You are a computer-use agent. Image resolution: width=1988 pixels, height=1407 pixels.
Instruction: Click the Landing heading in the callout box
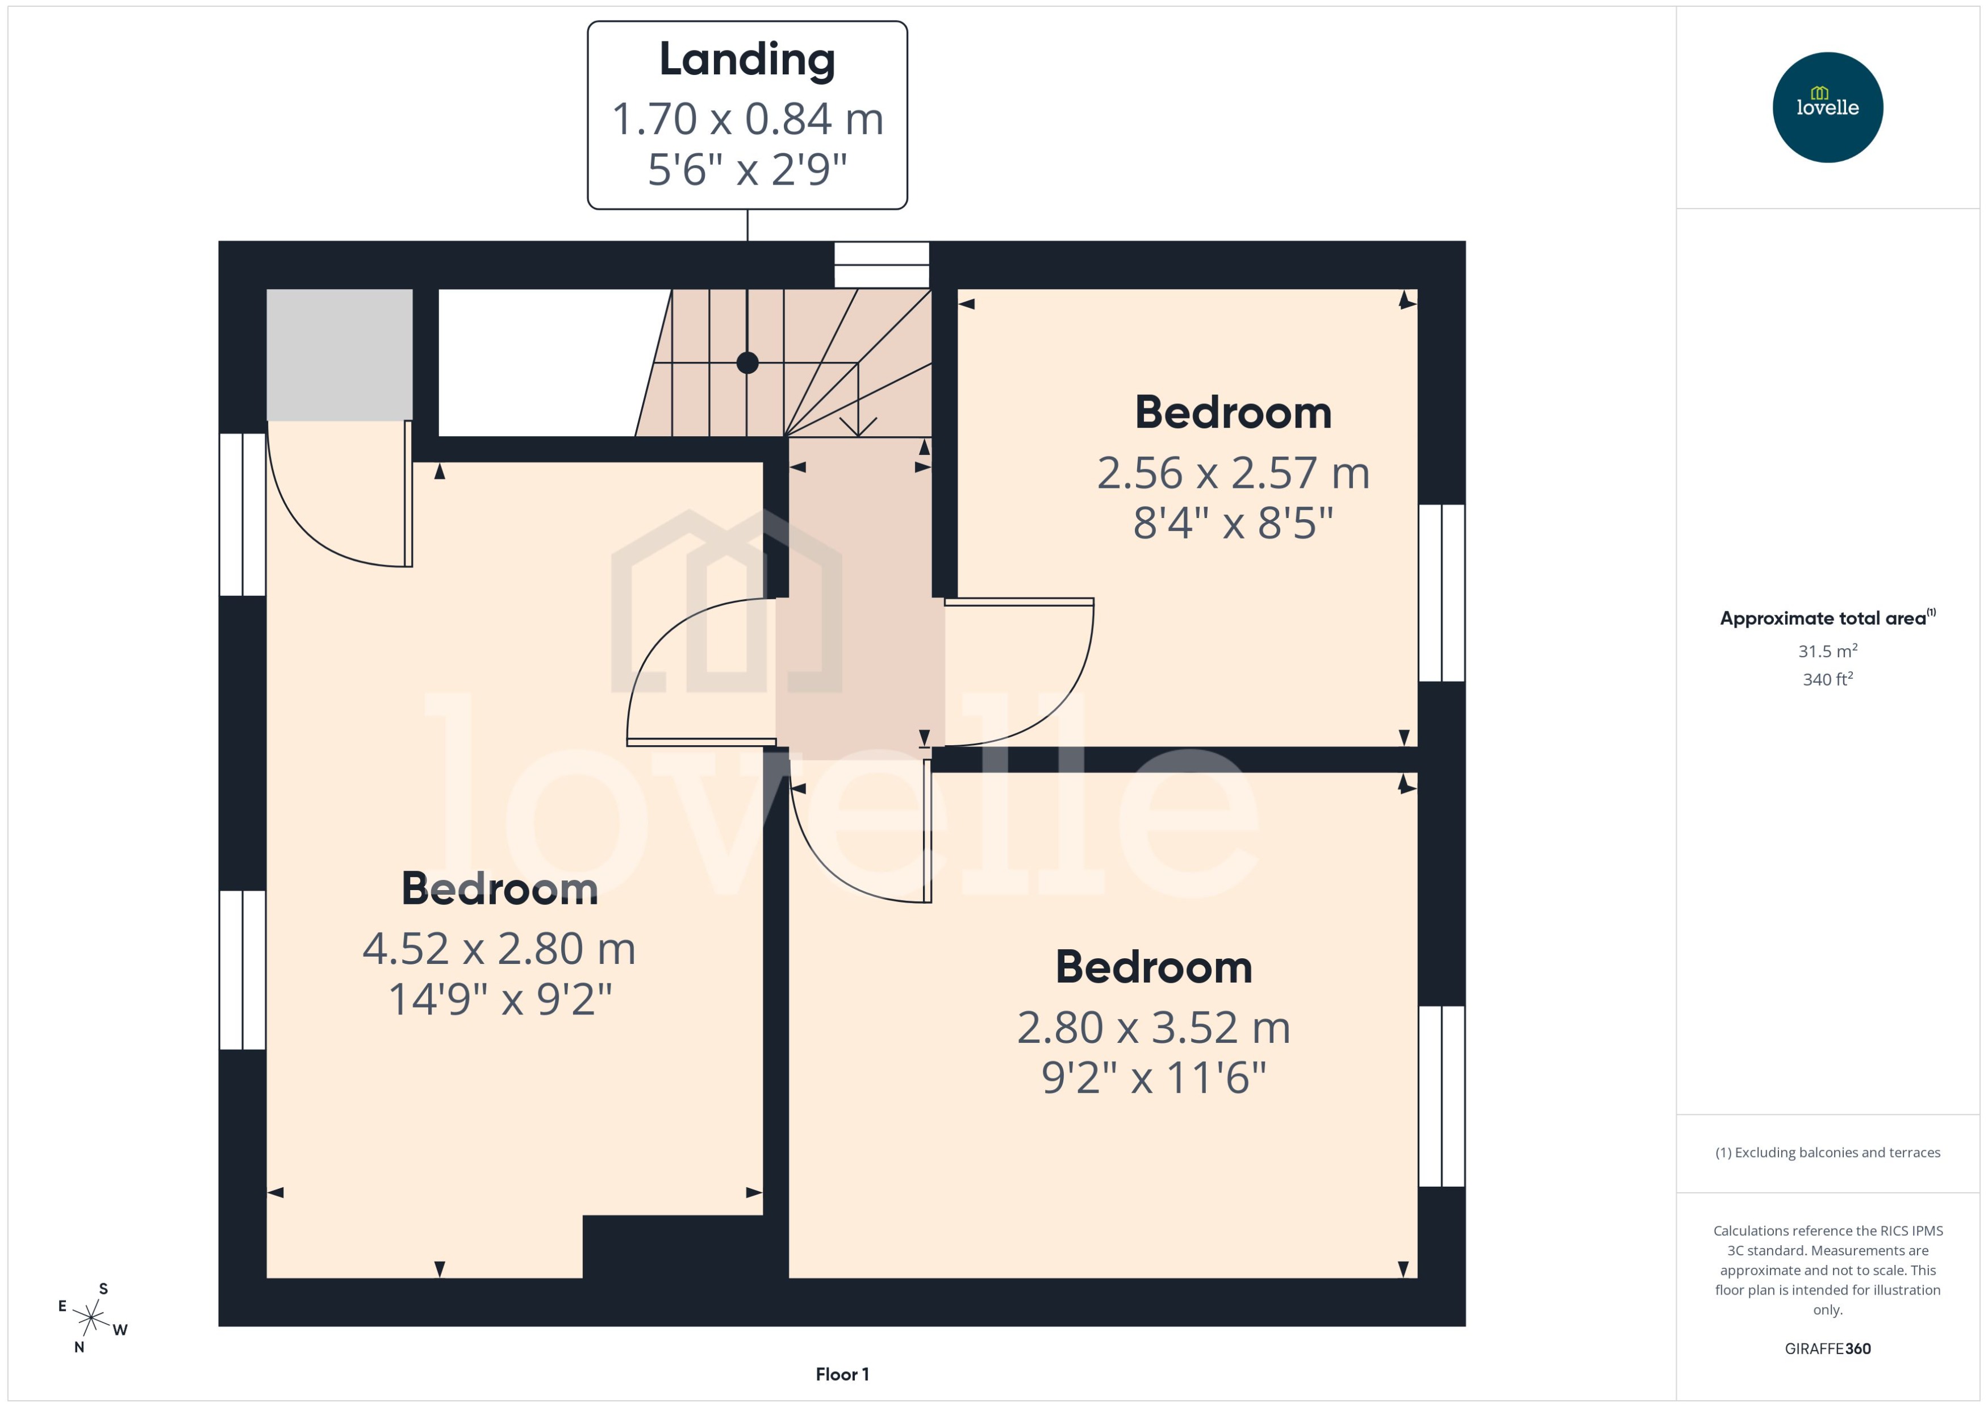pyautogui.click(x=747, y=60)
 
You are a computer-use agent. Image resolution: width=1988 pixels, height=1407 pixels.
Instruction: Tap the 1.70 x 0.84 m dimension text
pyautogui.click(x=747, y=119)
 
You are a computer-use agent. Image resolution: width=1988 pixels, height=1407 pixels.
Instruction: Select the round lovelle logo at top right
pyautogui.click(x=1827, y=107)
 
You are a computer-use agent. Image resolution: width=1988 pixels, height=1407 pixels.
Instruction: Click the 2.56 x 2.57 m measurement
pyautogui.click(x=1233, y=473)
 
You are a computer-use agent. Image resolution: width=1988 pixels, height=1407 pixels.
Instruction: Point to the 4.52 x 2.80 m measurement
pyautogui.click(x=499, y=949)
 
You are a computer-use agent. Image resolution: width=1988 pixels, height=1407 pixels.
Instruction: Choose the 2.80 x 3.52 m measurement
pyautogui.click(x=1153, y=1028)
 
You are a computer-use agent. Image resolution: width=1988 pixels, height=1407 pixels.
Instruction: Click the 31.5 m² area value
pyautogui.click(x=1827, y=650)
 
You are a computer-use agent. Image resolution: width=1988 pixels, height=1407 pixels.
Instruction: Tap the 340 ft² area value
pyautogui.click(x=1827, y=679)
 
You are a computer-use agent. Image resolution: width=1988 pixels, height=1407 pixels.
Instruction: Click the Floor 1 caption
pyautogui.click(x=841, y=1374)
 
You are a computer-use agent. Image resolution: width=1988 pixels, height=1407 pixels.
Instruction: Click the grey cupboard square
pyautogui.click(x=339, y=354)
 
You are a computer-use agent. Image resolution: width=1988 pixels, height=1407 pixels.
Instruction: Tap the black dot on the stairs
pyautogui.click(x=747, y=363)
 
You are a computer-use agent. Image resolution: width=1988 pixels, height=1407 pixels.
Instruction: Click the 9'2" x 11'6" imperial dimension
pyautogui.click(x=1153, y=1078)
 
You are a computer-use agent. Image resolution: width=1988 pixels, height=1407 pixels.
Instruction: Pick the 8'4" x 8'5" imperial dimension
pyautogui.click(x=1233, y=523)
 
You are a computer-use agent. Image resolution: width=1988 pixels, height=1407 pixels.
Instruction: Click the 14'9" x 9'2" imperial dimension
pyautogui.click(x=499, y=999)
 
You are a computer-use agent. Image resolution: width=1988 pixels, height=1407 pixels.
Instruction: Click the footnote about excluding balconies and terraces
pyautogui.click(x=1827, y=1153)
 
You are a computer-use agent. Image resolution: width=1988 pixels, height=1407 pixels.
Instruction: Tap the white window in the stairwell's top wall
pyautogui.click(x=881, y=264)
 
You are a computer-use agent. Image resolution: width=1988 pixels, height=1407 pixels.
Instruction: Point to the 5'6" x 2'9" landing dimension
pyautogui.click(x=747, y=169)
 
